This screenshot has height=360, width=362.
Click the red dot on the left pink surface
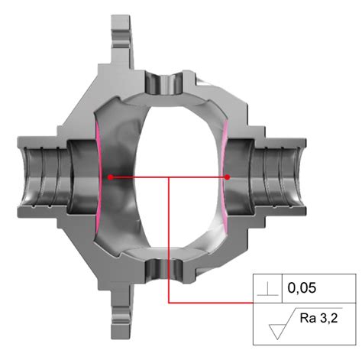click(x=111, y=177)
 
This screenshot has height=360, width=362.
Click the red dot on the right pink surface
click(x=228, y=177)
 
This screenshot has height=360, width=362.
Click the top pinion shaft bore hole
click(x=169, y=81)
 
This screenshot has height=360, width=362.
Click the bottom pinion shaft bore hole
click(x=169, y=271)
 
